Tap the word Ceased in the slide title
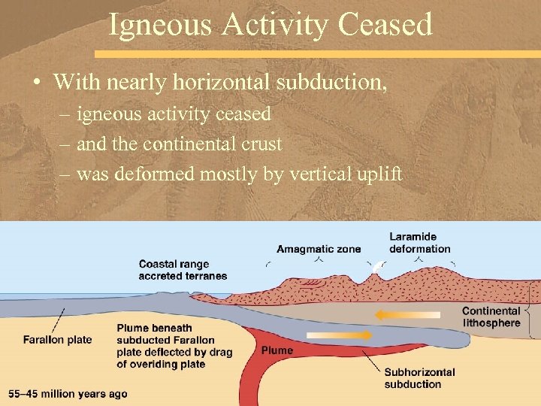(385, 24)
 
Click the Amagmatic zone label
(319, 249)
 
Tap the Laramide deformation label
(419, 243)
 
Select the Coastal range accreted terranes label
(183, 270)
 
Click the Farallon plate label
(58, 340)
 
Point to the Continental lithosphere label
(491, 317)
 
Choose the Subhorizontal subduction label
(419, 378)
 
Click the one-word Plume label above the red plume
(277, 350)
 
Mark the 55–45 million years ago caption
(68, 393)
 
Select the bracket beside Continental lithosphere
(531, 310)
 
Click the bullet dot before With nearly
(37, 81)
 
